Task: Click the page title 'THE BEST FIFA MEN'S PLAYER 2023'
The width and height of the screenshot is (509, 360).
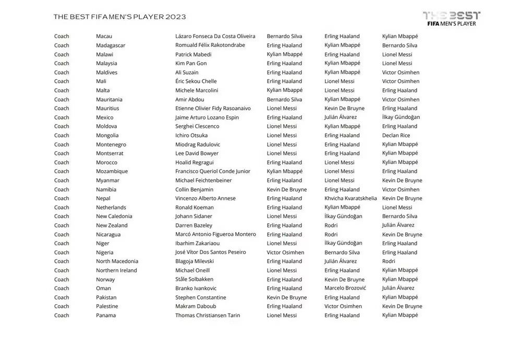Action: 119,17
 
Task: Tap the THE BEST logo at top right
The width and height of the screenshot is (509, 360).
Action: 451,18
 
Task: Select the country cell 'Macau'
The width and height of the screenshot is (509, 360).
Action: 104,37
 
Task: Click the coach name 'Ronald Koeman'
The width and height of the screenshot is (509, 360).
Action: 195,208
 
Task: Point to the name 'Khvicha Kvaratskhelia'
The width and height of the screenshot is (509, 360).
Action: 350,198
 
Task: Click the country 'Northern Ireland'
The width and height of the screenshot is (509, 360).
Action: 116,270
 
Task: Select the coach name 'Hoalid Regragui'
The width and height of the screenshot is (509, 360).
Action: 195,162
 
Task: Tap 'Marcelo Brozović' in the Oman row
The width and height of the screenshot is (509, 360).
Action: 345,288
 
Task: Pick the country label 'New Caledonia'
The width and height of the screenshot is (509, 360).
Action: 114,217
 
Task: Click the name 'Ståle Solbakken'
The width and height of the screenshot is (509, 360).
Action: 194,279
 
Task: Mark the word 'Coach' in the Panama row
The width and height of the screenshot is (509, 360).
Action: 62,315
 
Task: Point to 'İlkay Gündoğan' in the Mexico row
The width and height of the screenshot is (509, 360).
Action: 401,117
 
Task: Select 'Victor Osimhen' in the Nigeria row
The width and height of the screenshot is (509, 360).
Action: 285,253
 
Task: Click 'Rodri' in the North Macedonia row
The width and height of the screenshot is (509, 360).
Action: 389,261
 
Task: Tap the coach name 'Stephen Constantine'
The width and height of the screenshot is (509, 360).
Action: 201,297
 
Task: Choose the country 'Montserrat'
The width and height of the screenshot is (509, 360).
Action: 110,153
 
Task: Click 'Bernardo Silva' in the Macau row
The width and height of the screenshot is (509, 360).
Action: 284,37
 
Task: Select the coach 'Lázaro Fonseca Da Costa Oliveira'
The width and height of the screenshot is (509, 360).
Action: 215,37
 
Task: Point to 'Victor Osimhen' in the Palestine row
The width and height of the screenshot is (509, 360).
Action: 343,306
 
